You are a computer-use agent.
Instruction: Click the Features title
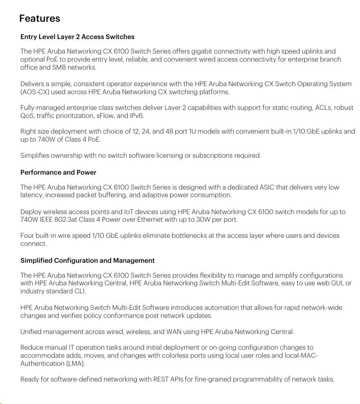[39, 19]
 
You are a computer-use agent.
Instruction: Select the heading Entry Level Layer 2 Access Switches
[77, 37]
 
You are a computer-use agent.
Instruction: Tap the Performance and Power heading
[58, 173]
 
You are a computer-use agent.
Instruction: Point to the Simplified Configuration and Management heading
[87, 261]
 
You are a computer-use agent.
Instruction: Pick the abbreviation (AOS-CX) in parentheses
[35, 92]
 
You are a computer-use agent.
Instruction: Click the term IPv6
[136, 116]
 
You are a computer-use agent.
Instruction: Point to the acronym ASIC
[267, 188]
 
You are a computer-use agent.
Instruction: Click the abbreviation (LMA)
[76, 363]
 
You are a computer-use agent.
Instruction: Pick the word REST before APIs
[161, 379]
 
